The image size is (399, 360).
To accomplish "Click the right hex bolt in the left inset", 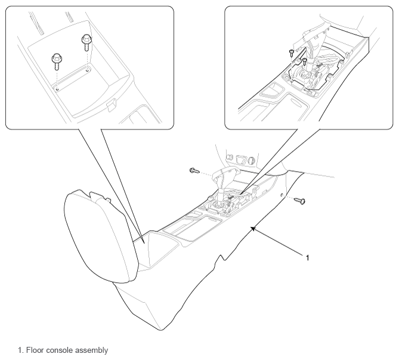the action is click(x=86, y=42).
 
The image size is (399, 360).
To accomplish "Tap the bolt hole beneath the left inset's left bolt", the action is click(x=57, y=89).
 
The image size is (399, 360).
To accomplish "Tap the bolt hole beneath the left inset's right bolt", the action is click(x=88, y=69).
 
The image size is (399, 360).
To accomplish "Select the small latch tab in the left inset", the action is click(x=111, y=105).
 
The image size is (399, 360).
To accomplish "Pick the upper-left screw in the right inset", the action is click(x=292, y=53).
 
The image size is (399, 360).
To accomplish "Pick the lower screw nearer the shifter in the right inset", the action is click(x=305, y=61).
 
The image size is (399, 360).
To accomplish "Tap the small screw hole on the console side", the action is click(x=283, y=195).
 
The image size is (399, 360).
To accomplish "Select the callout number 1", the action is click(x=307, y=258).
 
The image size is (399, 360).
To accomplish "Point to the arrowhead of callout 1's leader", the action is click(x=253, y=228).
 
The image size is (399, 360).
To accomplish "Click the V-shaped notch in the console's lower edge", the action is click(x=223, y=257).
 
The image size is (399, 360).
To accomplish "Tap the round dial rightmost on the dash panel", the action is click(x=252, y=160).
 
